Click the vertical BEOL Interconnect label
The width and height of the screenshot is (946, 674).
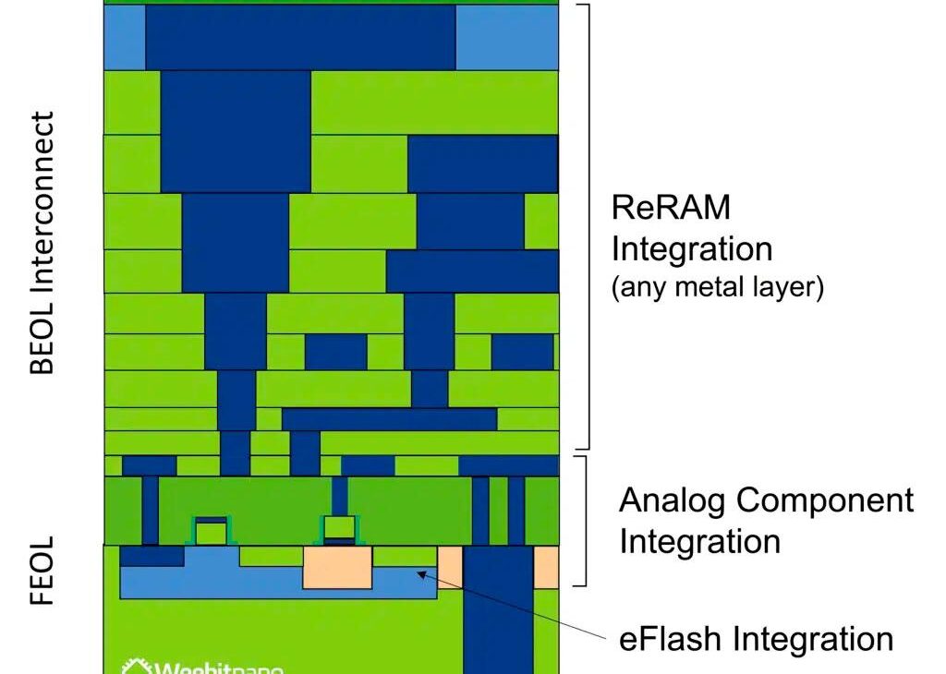(x=42, y=243)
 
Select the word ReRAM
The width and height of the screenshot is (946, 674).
(x=671, y=208)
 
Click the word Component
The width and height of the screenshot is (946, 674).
(x=827, y=500)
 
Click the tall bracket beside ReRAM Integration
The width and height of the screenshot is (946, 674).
(x=586, y=226)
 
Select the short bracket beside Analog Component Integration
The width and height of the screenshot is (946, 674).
(x=583, y=520)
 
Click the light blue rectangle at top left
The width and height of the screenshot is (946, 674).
(x=124, y=38)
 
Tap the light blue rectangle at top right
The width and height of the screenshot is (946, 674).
(x=507, y=38)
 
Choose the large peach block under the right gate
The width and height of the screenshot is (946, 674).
(x=337, y=567)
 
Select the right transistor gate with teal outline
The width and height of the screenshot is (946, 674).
(x=339, y=529)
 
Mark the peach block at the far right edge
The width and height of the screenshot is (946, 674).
(x=546, y=567)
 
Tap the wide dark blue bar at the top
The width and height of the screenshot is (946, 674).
(x=300, y=38)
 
